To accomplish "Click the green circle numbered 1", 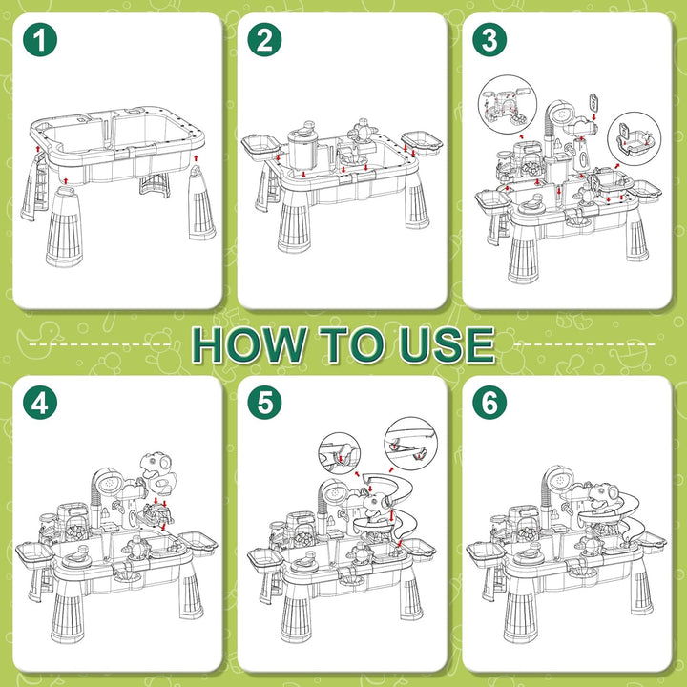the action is coord(40,40).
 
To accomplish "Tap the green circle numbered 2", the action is coord(264,40).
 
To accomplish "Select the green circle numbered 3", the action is coord(489,40).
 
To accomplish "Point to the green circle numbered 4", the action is coord(40,403).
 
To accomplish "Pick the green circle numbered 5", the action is coord(264,403).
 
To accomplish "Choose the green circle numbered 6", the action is coord(489,403).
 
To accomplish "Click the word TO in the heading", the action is coord(353,344).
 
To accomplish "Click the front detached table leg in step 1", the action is coord(65,227).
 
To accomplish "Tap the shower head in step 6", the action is coord(559,481).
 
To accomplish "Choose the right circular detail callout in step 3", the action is coord(634,138).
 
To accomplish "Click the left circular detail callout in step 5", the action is coord(340,453).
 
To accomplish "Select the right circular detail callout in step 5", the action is coord(410,444).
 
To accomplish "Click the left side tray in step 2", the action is coord(261,145).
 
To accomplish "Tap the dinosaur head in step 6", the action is coord(603,496).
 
